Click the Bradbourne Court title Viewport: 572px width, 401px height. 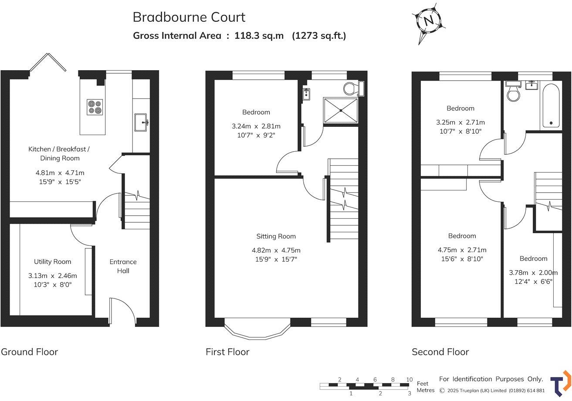point(189,17)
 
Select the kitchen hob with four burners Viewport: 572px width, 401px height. point(95,107)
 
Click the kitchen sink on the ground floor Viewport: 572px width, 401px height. point(142,122)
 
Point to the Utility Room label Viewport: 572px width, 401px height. point(52,262)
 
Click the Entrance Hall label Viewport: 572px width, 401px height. point(123,266)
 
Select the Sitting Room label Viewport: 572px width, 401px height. point(276,236)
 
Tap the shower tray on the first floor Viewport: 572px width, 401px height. point(340,110)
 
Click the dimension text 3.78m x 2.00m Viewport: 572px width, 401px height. point(533,273)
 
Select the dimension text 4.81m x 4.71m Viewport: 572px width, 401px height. point(60,173)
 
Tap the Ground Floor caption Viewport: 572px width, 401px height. point(29,352)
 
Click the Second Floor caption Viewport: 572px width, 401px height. point(440,352)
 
